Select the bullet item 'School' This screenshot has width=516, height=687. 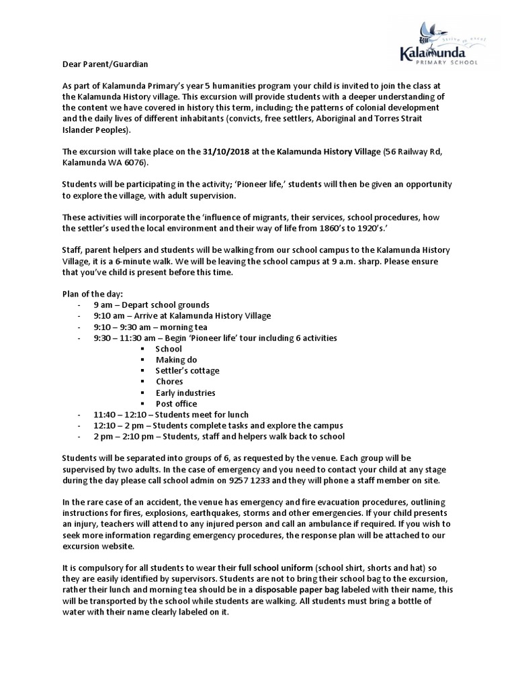point(169,349)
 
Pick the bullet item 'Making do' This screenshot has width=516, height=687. point(177,360)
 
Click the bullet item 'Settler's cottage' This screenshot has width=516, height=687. point(187,370)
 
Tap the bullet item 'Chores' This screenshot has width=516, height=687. point(169,382)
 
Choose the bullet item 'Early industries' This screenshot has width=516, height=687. point(185,392)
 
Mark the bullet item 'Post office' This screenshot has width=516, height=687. point(176,403)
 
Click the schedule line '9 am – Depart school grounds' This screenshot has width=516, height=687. point(151,305)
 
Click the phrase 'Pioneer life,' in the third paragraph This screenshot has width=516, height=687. point(253,184)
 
